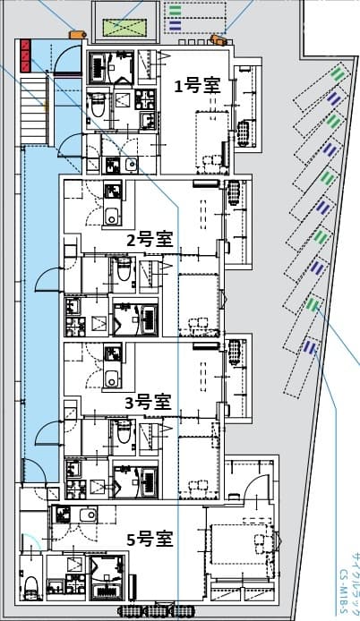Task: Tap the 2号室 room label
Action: pos(149,239)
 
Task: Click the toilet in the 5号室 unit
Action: pos(30,587)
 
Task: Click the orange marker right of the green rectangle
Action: pos(218,39)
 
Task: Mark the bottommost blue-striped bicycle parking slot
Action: pos(310,347)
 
